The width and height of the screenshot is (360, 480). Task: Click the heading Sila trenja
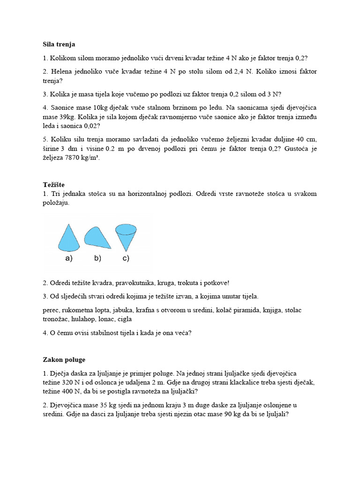coord(59,44)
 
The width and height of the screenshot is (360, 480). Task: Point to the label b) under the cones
coord(97,258)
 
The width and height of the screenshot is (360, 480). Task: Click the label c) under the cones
coord(126,258)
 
